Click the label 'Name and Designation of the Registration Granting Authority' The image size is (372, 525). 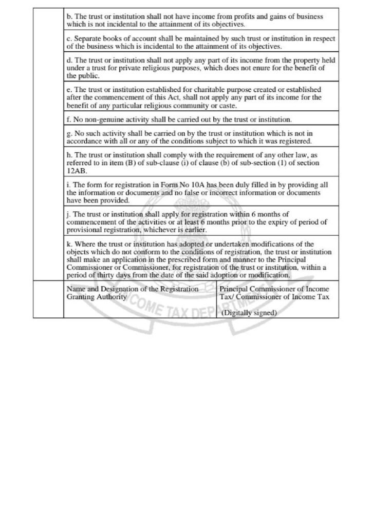point(133,293)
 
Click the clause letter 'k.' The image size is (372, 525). point(70,245)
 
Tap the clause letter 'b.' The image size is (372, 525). point(70,16)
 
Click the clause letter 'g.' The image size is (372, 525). point(70,133)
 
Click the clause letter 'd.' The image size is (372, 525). point(70,60)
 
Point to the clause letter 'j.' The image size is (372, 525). point(69,215)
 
